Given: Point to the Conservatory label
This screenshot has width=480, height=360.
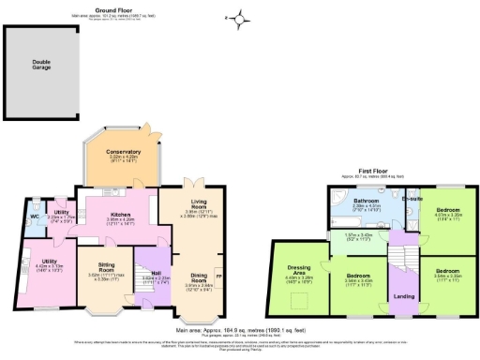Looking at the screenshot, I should tap(123, 151).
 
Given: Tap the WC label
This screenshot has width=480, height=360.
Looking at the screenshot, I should tap(34, 217).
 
